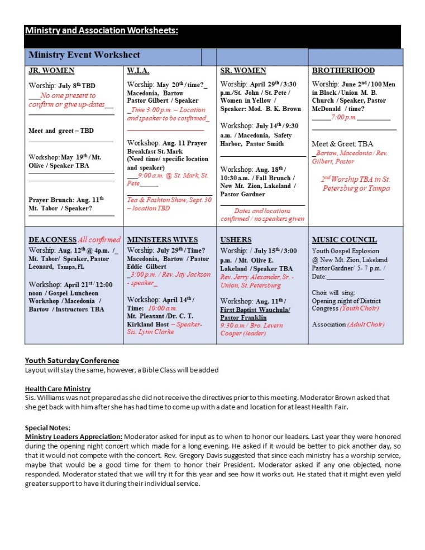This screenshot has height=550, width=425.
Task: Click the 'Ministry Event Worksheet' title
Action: pyautogui.click(x=84, y=55)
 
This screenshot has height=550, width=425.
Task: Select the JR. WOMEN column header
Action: pyautogui.click(x=51, y=71)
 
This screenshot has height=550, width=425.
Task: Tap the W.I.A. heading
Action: pyautogui.click(x=137, y=71)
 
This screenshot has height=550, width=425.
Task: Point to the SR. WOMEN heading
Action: pyautogui.click(x=243, y=71)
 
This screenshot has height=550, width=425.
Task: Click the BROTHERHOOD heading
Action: pyautogui.click(x=343, y=71)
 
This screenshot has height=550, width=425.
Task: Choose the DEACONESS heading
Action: pyautogui.click(x=52, y=240)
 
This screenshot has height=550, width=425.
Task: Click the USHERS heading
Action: pyautogui.click(x=236, y=240)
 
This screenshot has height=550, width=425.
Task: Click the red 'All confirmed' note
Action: pyautogui.click(x=99, y=240)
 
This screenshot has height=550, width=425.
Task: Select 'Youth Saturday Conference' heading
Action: pyautogui.click(x=72, y=361)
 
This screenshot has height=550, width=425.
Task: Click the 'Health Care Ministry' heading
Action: pyautogui.click(x=58, y=389)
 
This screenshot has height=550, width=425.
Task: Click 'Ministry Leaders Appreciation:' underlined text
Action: pyautogui.click(x=74, y=436)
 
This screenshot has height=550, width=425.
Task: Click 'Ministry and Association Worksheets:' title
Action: pyautogui.click(x=102, y=31)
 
